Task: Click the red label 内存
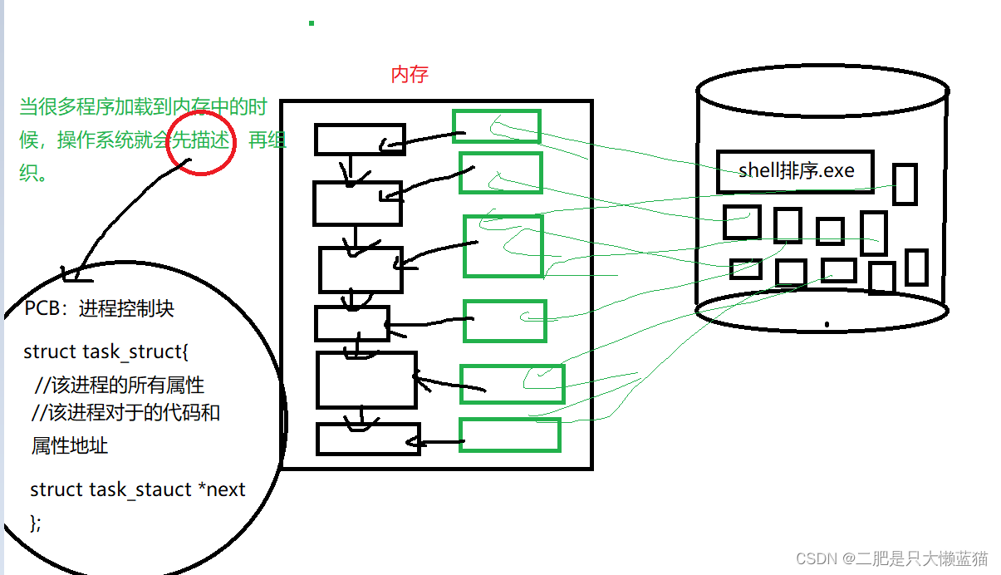[x=410, y=74]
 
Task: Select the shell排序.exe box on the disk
[x=796, y=172]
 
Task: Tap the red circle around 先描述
[x=201, y=143]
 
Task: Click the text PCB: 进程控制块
[x=99, y=308]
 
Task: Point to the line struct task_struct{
[x=105, y=351]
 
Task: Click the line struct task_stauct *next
[x=138, y=489]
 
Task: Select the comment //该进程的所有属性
[x=119, y=385]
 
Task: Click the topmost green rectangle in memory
[x=497, y=126]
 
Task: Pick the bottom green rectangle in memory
[x=510, y=435]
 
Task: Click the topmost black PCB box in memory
[x=360, y=140]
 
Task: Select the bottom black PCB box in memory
[x=368, y=439]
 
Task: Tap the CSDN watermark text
[x=892, y=558]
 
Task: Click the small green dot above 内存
[x=312, y=23]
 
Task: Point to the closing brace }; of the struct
[x=36, y=523]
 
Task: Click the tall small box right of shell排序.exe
[x=905, y=184]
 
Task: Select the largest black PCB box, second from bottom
[x=366, y=380]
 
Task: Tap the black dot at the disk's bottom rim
[x=827, y=324]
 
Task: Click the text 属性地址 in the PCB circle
[x=70, y=445]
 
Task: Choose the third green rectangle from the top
[x=503, y=246]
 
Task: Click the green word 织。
[x=33, y=173]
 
